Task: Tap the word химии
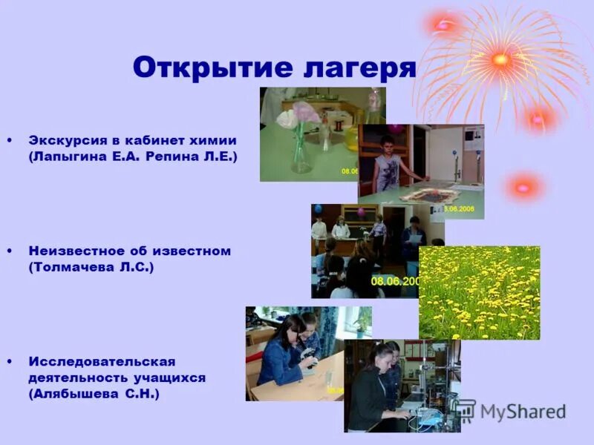[x=216, y=139]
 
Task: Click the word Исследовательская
[x=102, y=361]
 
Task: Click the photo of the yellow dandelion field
[x=479, y=292]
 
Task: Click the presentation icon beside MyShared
[x=465, y=411]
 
